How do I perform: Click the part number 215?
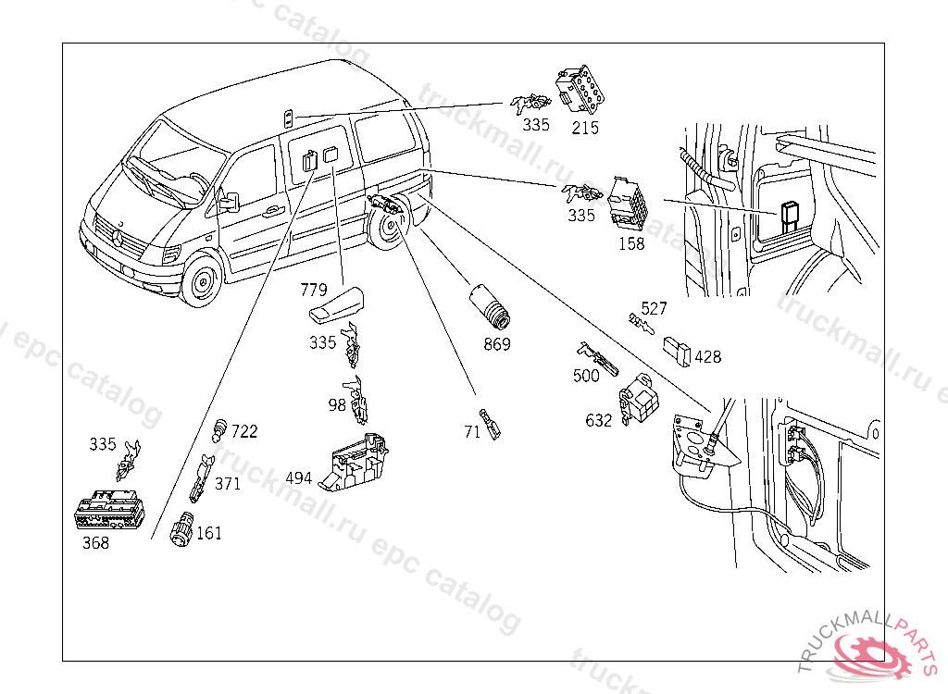(584, 128)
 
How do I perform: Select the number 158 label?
(631, 244)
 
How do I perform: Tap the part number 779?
(314, 290)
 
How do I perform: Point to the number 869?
(496, 344)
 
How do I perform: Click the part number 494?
(298, 477)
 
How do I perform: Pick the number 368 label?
(95, 543)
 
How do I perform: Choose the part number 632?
(599, 420)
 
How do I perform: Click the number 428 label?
(708, 357)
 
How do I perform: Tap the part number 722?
(244, 431)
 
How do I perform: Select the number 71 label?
(472, 431)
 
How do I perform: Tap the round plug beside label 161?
(181, 530)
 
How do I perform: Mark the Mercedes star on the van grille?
(118, 237)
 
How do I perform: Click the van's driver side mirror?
(228, 200)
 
